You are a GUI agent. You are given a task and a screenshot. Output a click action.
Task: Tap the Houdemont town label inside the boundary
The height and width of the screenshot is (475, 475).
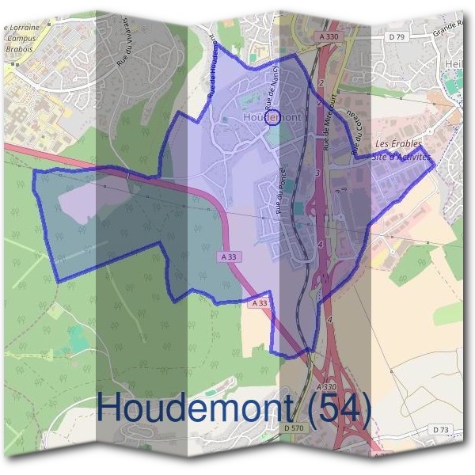[272, 118]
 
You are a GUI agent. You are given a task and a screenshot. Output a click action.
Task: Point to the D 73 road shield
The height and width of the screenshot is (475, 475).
[441, 428]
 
